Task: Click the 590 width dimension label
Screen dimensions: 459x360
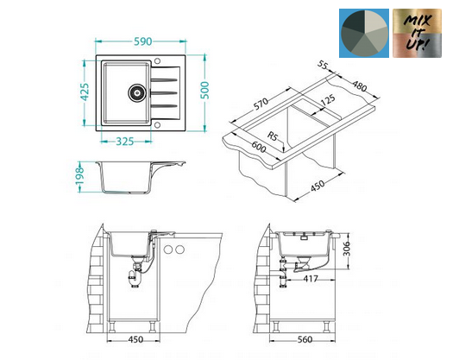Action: click(x=143, y=41)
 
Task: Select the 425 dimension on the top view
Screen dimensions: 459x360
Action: click(x=85, y=92)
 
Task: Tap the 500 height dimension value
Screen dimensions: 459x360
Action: click(x=205, y=90)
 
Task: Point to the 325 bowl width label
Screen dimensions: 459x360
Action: click(x=125, y=142)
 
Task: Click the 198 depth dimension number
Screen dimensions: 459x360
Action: click(x=79, y=176)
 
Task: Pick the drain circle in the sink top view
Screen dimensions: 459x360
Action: click(x=136, y=92)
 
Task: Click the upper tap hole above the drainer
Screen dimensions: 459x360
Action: click(x=157, y=61)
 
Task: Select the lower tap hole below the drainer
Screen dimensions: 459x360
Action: click(x=157, y=125)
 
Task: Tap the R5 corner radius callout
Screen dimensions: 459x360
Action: click(x=273, y=136)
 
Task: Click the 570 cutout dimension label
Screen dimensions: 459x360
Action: click(x=261, y=104)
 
